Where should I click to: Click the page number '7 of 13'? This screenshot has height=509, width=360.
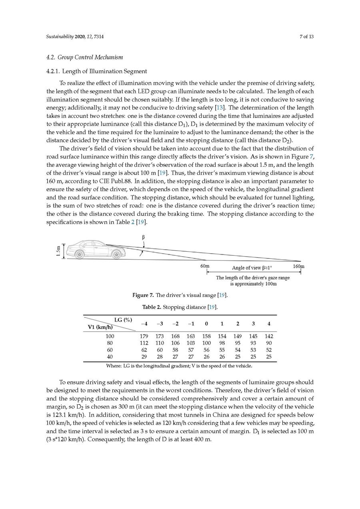point(306,37)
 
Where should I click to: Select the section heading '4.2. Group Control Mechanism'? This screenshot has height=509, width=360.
point(84,58)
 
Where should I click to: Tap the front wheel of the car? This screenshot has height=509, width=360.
point(116,254)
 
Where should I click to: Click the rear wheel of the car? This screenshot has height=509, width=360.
point(80,254)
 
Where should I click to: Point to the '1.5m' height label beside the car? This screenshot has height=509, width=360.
point(58,251)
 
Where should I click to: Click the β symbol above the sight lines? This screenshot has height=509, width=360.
point(143,237)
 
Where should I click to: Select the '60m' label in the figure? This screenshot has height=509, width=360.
point(205,266)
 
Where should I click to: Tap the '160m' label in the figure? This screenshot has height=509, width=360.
point(299,266)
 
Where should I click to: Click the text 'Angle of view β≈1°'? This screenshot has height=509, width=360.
point(252,268)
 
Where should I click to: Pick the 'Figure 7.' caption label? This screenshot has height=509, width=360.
point(143,295)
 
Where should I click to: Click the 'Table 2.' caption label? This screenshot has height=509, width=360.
point(152,307)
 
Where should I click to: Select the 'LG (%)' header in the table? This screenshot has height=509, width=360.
point(123,320)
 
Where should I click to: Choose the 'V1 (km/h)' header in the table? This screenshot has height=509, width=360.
point(100,327)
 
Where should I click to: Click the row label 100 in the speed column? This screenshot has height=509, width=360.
point(110,337)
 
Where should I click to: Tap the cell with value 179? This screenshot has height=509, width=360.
point(144,337)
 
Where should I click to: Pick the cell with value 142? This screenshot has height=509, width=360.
point(269,337)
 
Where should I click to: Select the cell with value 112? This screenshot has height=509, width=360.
point(144,343)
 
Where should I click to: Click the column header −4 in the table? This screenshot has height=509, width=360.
point(144,324)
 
